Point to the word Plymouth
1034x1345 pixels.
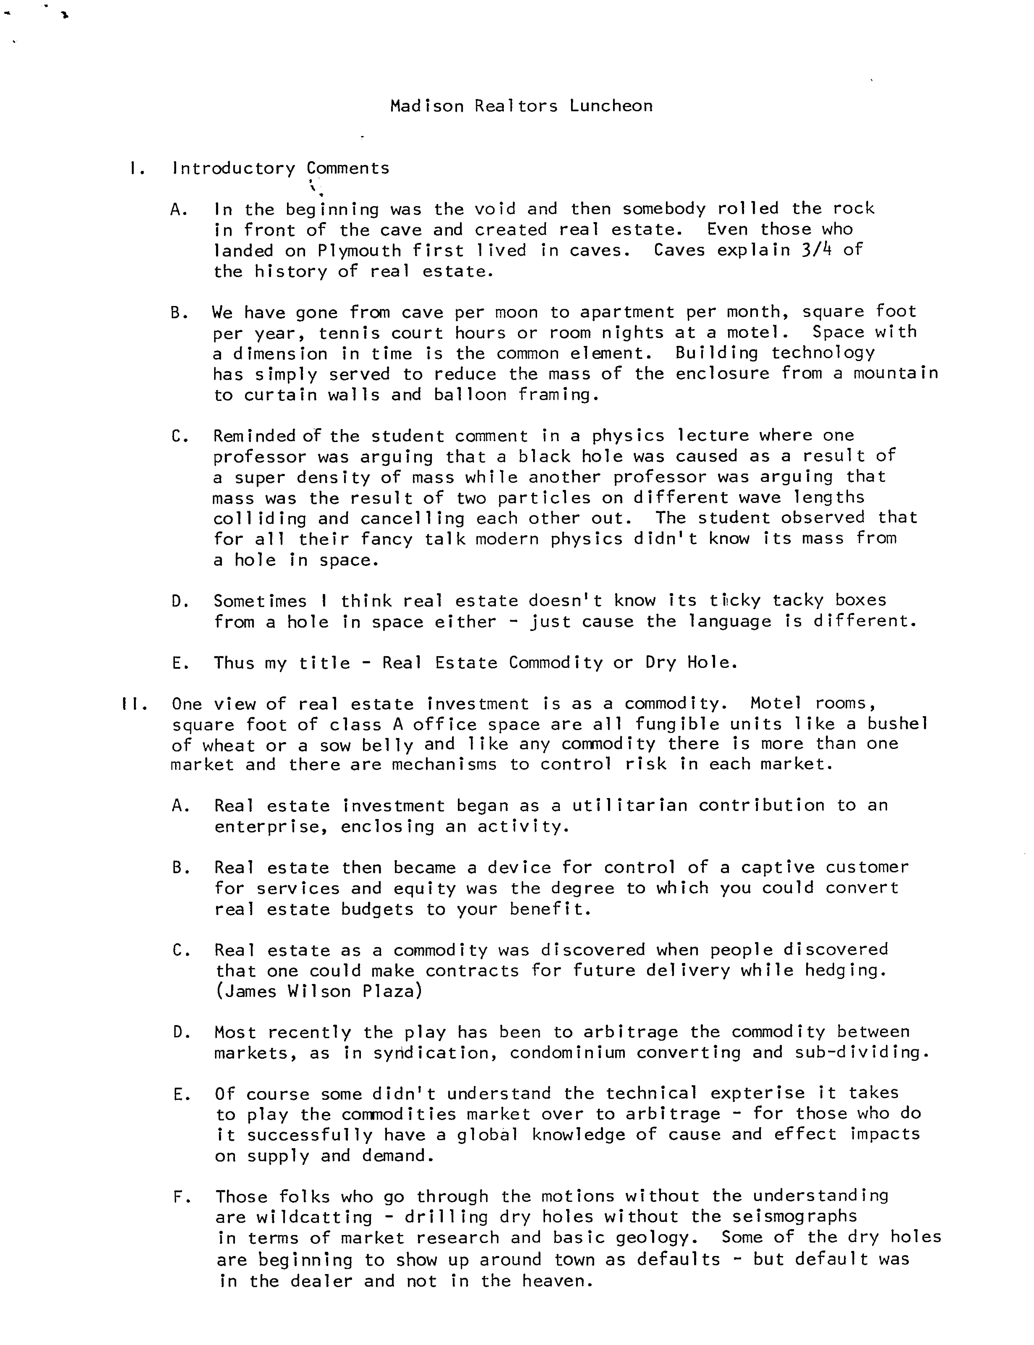[359, 250]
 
